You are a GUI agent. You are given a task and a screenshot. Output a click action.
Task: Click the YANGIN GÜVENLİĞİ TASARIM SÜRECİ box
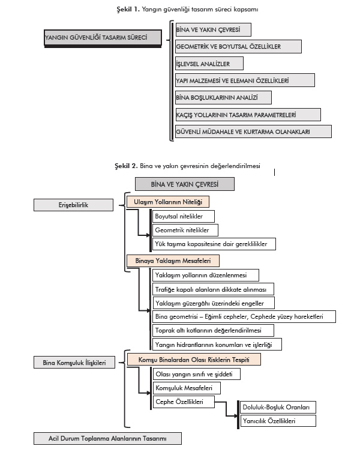[x=103, y=38]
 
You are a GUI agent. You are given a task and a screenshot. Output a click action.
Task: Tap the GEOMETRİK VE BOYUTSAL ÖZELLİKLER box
[x=238, y=46]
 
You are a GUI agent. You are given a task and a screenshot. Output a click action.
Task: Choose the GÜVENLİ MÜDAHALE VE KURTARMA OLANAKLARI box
[x=253, y=131]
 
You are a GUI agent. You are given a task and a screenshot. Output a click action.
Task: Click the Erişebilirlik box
[x=74, y=205]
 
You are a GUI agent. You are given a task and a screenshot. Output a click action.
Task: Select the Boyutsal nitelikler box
[x=182, y=216]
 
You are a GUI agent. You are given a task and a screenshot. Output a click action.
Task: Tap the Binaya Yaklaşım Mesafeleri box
[x=173, y=261]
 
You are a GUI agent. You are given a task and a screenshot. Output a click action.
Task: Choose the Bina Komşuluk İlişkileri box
[x=74, y=363]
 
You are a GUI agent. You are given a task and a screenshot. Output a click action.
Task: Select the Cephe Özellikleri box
[x=182, y=402]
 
